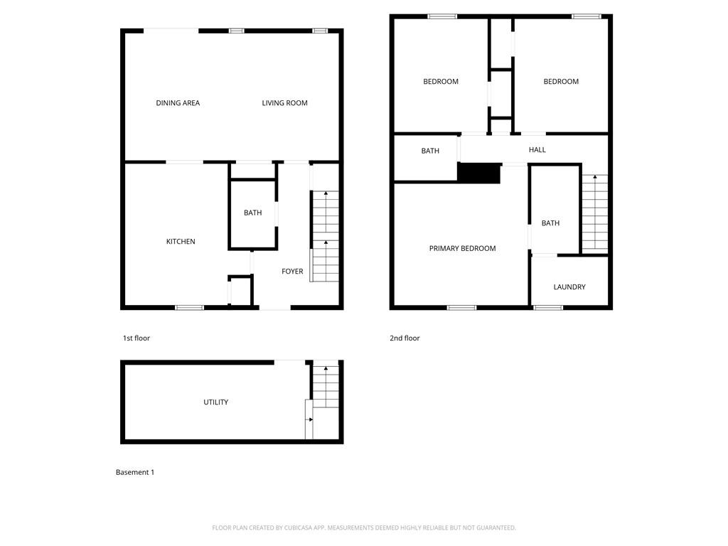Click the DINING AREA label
pos(178,103)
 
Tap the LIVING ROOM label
pos(284,103)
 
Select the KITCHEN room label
pos(181,242)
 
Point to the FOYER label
pos(292,272)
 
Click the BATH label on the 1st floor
pos(252,213)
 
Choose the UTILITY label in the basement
pos(216,402)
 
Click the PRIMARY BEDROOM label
pos(462,248)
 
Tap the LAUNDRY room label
pos(569,287)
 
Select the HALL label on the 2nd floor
pos(537,150)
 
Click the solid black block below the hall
pos(479,173)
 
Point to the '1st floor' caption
pos(136,338)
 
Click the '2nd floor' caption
pos(405,338)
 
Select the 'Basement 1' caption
pos(135,472)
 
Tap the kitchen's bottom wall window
pos(189,308)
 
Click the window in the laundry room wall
pos(548,308)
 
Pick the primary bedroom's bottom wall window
pos(461,308)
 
